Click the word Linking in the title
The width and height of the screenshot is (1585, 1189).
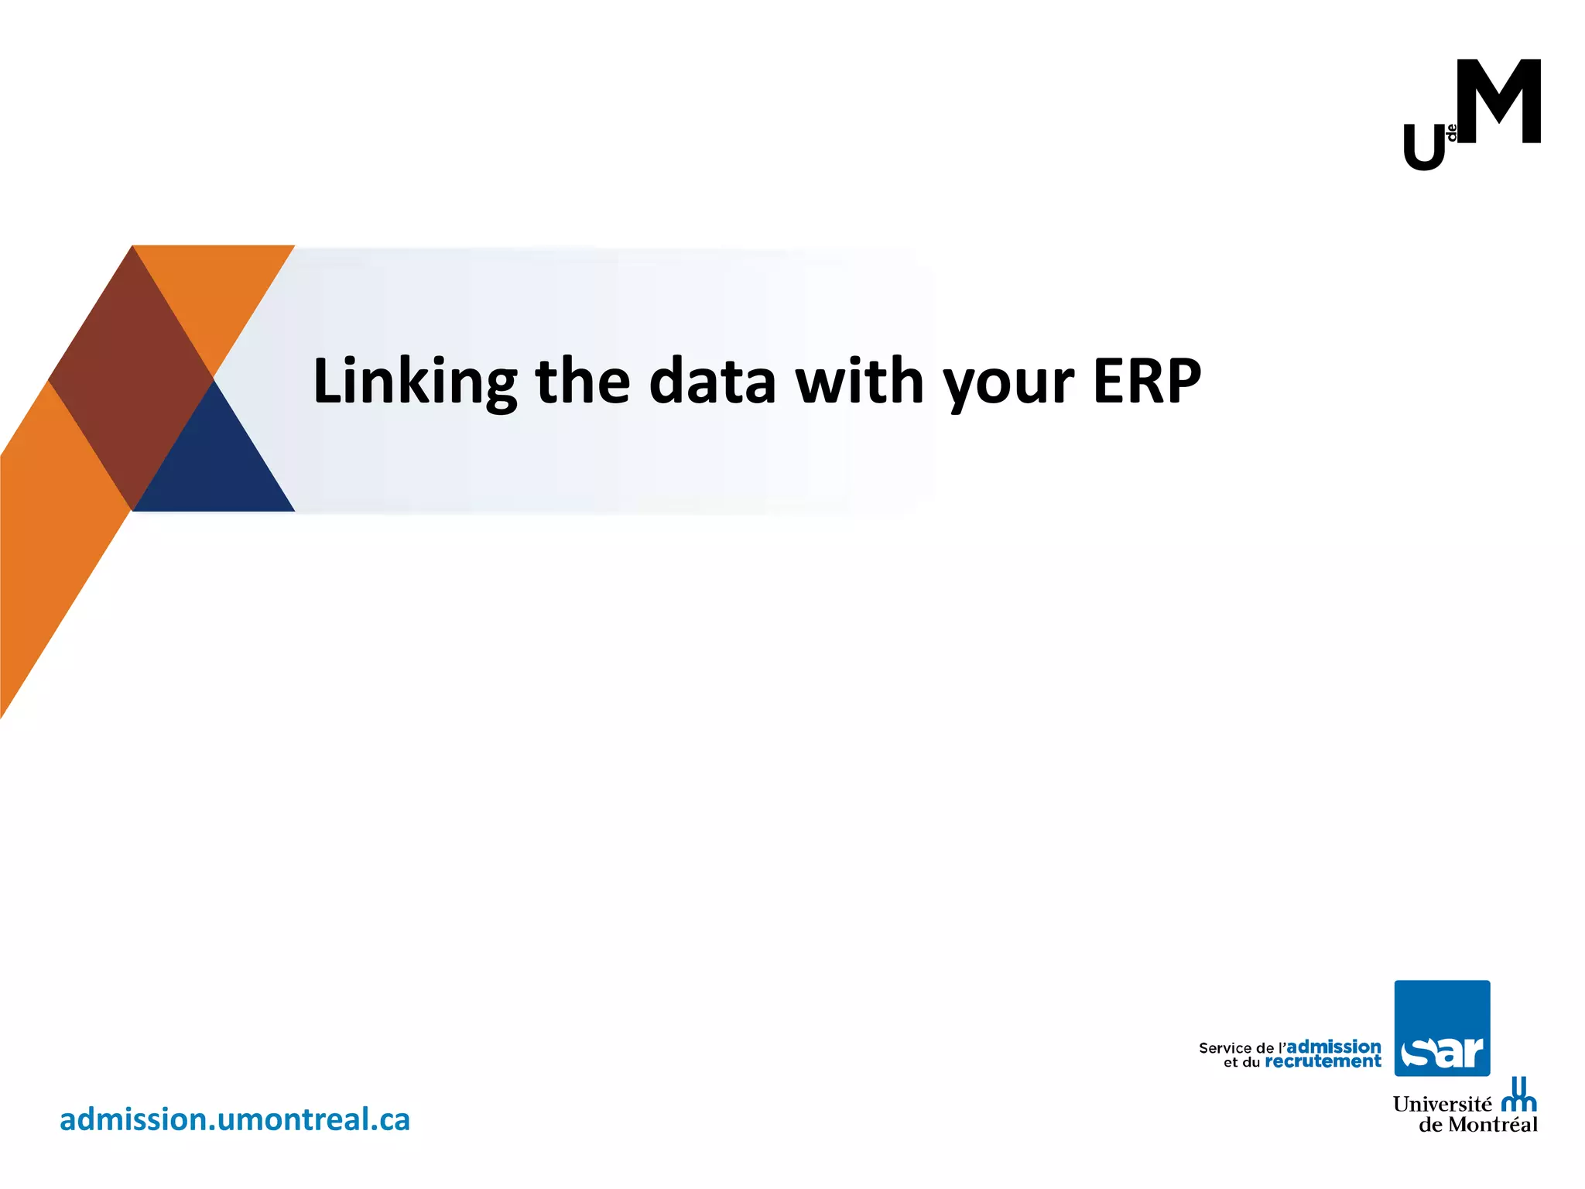click(x=415, y=382)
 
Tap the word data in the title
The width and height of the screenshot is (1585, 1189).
click(x=712, y=382)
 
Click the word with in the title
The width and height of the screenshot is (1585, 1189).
click(x=860, y=382)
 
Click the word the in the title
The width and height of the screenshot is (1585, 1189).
click(x=583, y=382)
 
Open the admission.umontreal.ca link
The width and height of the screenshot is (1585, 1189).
click(x=234, y=1120)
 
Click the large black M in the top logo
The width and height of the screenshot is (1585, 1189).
click(x=1498, y=102)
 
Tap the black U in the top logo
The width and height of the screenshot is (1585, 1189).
click(x=1424, y=148)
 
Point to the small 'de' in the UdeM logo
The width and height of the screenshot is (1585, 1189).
click(x=1452, y=132)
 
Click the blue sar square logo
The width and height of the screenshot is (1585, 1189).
click(x=1442, y=1028)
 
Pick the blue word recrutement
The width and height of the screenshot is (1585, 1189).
click(x=1323, y=1062)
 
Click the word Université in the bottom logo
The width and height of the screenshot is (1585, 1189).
click(x=1441, y=1104)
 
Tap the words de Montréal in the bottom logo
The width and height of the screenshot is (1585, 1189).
click(x=1477, y=1125)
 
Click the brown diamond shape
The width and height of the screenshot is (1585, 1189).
click(x=131, y=379)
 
